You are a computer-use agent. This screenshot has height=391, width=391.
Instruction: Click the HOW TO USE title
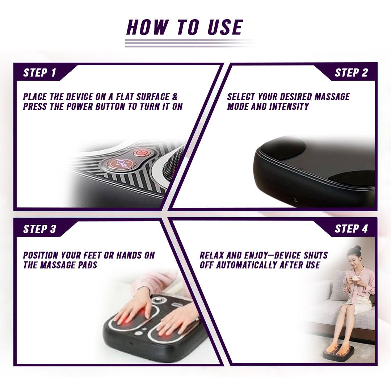tap(185, 28)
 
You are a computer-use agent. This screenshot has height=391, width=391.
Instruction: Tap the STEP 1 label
tap(39, 73)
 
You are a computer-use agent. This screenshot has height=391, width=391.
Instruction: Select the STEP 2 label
tap(351, 73)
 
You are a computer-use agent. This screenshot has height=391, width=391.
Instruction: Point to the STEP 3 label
tap(39, 229)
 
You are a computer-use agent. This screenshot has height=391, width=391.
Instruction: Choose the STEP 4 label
tap(351, 229)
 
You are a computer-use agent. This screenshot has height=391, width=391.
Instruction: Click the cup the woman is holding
tap(355, 279)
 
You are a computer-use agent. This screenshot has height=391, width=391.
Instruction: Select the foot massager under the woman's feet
tap(338, 352)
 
